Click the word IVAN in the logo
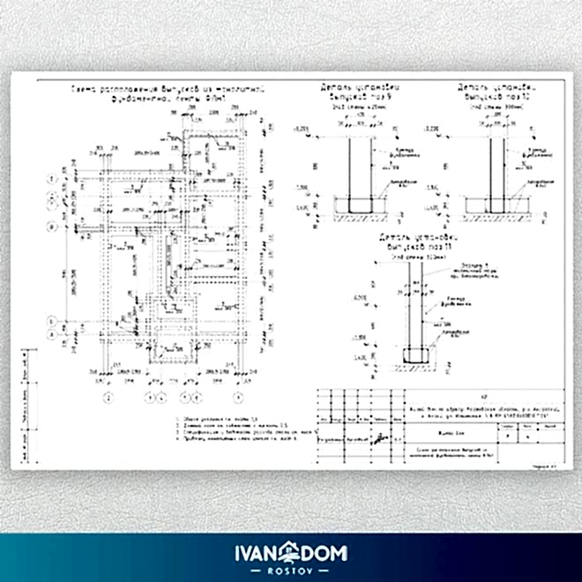[257, 554]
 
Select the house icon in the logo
[291, 552]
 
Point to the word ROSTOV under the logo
[291, 570]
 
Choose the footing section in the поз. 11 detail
[415, 356]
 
